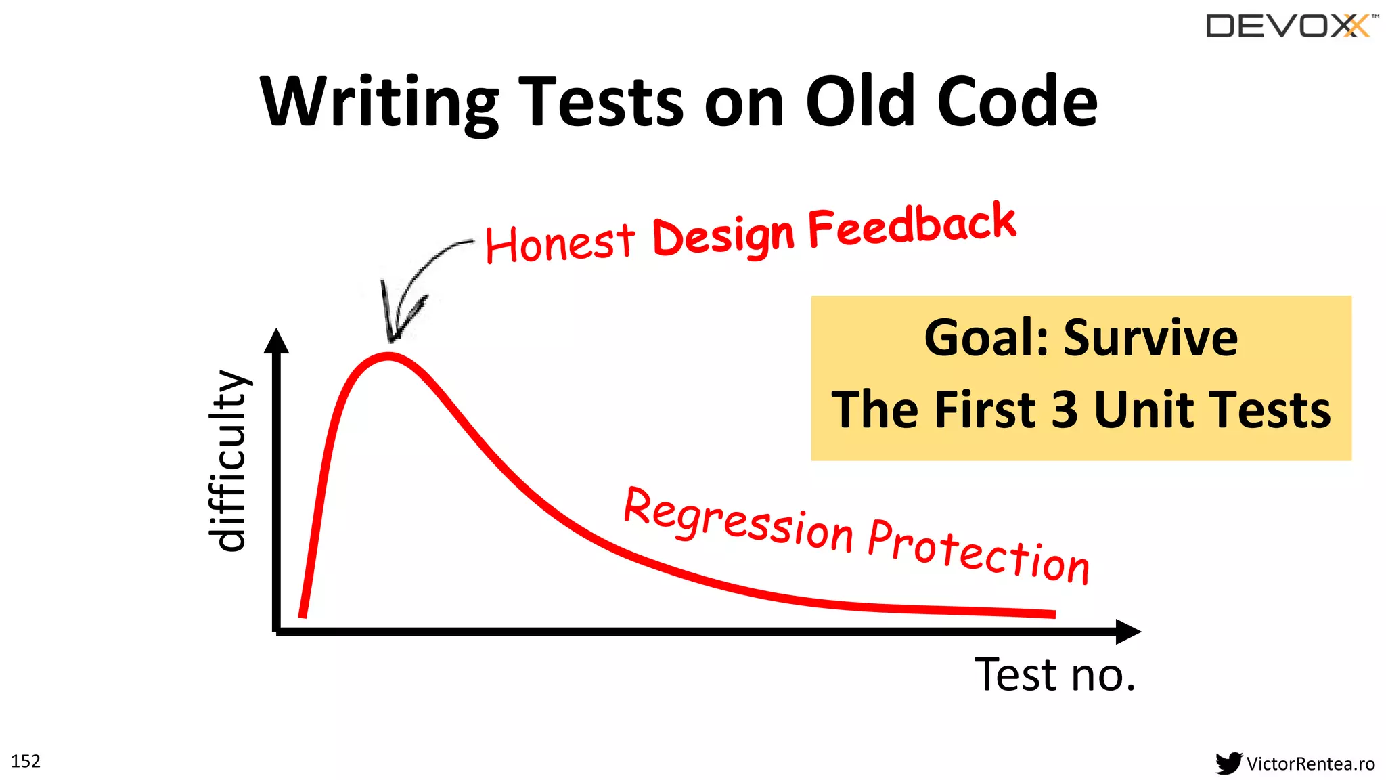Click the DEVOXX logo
pos(1289,26)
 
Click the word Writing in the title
pos(379,102)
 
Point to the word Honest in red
pos(560,242)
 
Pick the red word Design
pos(722,236)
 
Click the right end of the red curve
pos(1052,613)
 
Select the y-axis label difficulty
pos(229,460)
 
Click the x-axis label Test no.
pos(1054,674)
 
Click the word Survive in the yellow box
pos(1150,338)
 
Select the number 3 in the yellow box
pos(1065,410)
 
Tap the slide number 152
pos(26,761)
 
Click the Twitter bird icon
pos(1228,763)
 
